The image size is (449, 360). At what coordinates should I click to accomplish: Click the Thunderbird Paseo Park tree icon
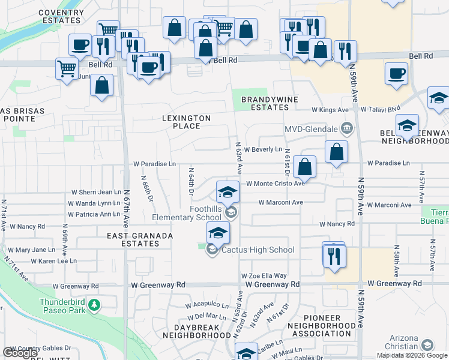click(x=94, y=306)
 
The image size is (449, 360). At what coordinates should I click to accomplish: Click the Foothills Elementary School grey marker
click(x=230, y=212)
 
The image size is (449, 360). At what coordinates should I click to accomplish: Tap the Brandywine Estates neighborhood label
click(x=265, y=103)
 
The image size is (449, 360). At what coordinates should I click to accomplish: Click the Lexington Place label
click(x=186, y=122)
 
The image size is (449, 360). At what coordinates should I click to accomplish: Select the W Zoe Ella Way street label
click(x=264, y=275)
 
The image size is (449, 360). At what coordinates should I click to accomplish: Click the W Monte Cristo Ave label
click(x=275, y=184)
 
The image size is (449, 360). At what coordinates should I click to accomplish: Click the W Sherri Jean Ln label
click(x=96, y=193)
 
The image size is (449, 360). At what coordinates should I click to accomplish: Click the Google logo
click(x=20, y=353)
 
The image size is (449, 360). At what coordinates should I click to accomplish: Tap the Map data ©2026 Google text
click(x=412, y=355)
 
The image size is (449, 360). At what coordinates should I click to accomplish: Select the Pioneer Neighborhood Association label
click(x=323, y=325)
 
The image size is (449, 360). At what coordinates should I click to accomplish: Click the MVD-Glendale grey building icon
click(x=346, y=128)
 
